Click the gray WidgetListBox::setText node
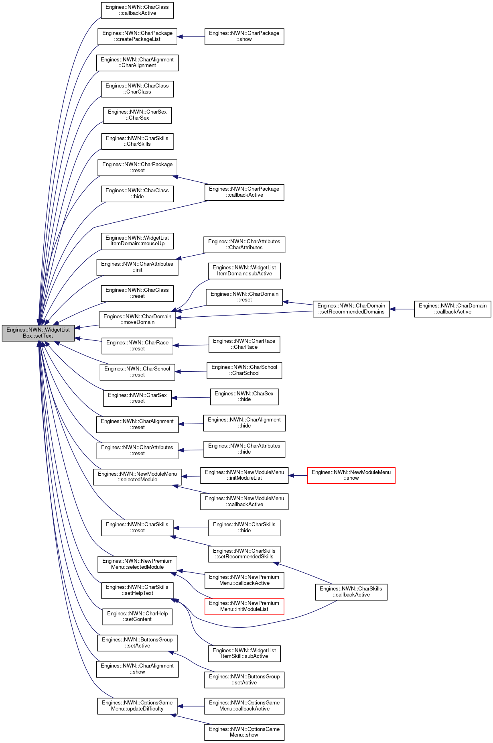[38, 333]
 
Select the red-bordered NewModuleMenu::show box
[351, 475]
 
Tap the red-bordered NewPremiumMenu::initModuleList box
[244, 606]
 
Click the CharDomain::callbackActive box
[452, 309]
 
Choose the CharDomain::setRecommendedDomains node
[351, 309]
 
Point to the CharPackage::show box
[244, 37]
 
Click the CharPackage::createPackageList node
[137, 37]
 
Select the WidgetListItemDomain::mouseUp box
[137, 241]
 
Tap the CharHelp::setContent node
[137, 617]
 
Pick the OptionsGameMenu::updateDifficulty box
[137, 706]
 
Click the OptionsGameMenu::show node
[244, 732]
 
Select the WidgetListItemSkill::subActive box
[244, 653]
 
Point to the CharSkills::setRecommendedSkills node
[244, 554]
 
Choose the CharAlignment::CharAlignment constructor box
[137, 63]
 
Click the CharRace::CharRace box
[244, 344]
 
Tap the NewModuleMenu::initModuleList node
[244, 475]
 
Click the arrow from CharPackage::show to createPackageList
[191, 37]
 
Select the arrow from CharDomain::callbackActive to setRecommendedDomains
[402, 309]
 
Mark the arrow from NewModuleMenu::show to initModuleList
[298, 476]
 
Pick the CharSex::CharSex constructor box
[137, 115]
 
